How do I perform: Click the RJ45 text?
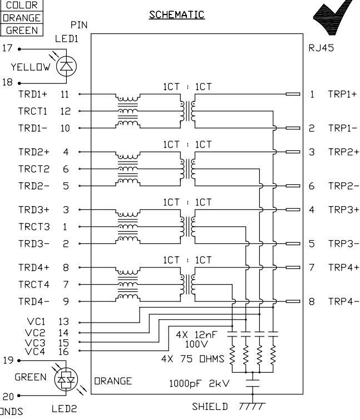click(321, 48)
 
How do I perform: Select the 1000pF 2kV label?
click(199, 383)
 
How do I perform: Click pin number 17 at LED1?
click(7, 49)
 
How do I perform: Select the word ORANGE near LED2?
click(113, 382)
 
